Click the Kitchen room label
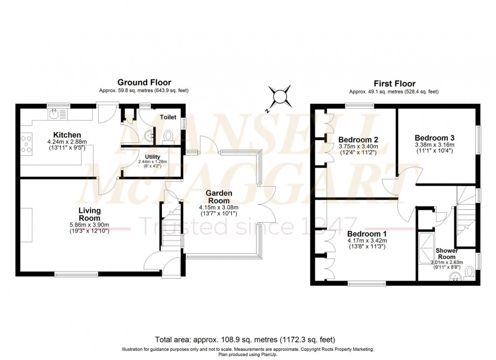coord(68,135)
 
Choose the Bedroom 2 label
coord(358,140)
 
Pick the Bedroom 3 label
coord(434,138)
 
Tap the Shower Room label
coord(447,254)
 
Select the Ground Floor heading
coord(144,82)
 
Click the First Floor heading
coord(394,84)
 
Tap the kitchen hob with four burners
coord(25,143)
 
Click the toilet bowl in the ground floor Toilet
coord(169,136)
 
